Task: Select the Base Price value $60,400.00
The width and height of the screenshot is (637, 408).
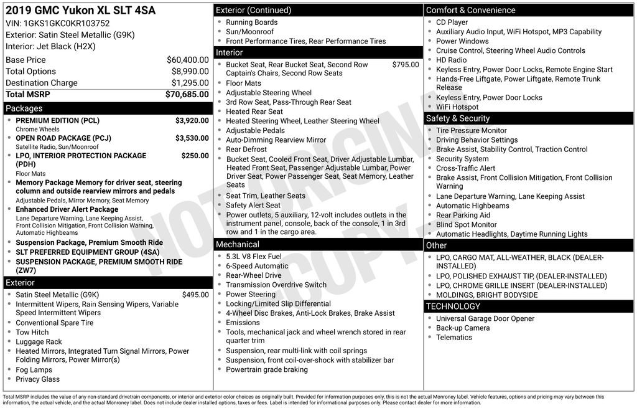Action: tap(187, 60)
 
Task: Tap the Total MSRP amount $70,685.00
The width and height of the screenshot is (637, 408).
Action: tap(187, 95)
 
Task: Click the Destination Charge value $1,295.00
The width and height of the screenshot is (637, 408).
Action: tap(190, 83)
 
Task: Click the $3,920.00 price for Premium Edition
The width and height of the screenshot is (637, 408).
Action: tap(192, 121)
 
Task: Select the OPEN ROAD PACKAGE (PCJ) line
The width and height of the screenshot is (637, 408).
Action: tap(63, 138)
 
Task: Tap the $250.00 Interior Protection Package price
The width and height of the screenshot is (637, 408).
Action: tap(195, 156)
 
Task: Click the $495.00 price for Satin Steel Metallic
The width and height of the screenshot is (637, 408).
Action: tap(195, 295)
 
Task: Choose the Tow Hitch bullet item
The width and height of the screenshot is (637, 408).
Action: tap(32, 332)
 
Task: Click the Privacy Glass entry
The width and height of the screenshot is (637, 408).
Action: tap(38, 379)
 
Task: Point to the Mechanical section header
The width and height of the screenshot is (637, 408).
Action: tap(238, 244)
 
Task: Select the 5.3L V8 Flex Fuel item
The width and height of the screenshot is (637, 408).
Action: tap(253, 257)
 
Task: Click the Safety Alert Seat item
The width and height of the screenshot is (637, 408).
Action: tap(253, 205)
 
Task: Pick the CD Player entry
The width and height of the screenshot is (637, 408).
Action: tap(452, 22)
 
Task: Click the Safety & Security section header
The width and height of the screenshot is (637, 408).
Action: tap(458, 118)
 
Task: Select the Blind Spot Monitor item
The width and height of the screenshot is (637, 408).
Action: tap(466, 224)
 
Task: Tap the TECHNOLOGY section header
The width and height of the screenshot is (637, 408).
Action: tap(453, 306)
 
